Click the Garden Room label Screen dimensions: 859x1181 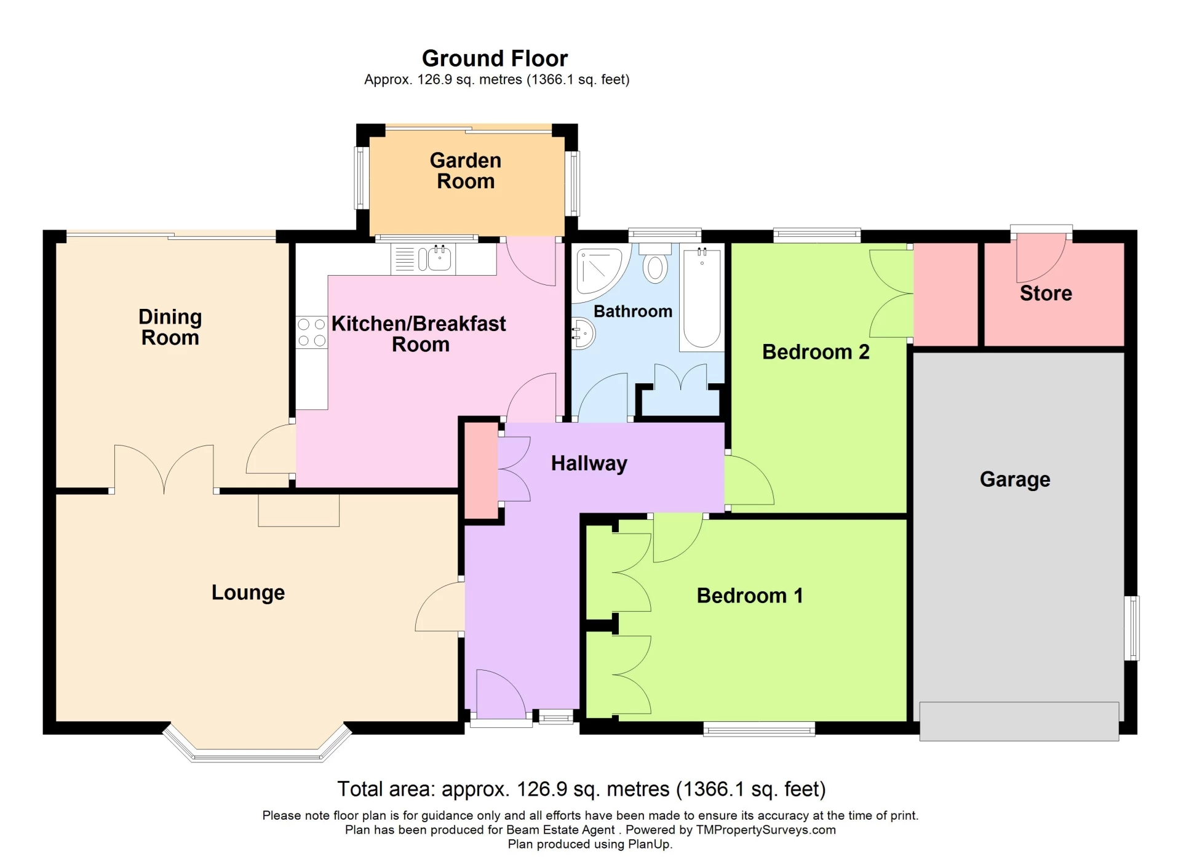(x=466, y=170)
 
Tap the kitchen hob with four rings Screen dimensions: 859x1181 (x=311, y=332)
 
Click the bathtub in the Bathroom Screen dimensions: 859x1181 (x=702, y=298)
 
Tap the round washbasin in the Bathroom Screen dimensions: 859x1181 (x=582, y=334)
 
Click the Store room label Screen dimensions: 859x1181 (x=1045, y=293)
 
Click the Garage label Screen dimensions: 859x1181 (x=1014, y=479)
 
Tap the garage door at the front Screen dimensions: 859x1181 (x=1019, y=721)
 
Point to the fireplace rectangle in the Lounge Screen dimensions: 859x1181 (x=298, y=510)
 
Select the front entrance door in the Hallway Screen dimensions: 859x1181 (x=500, y=695)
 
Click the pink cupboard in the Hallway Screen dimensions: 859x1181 (x=480, y=471)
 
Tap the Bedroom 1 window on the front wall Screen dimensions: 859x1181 (x=759, y=730)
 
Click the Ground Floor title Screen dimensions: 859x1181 (x=495, y=58)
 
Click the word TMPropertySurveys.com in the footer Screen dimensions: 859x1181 (x=765, y=829)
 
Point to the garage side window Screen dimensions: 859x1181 (x=1132, y=628)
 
